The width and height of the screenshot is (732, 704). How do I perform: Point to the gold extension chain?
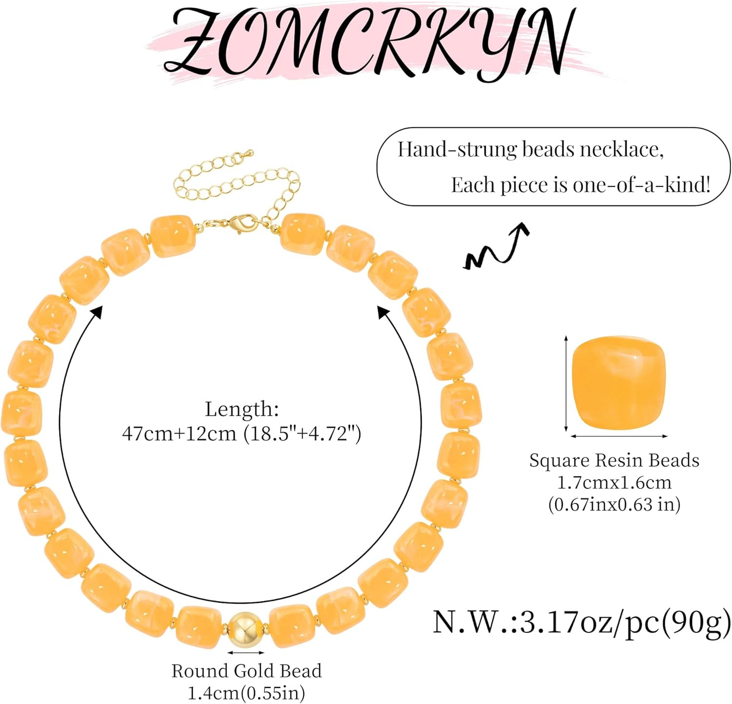tap(234, 183)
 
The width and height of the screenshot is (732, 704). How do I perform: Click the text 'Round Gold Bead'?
tap(246, 671)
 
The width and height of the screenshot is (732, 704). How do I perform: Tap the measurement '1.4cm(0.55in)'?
tap(246, 693)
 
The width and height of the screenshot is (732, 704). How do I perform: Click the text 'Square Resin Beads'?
tap(614, 460)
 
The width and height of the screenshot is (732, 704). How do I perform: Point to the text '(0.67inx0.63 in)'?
tap(614, 504)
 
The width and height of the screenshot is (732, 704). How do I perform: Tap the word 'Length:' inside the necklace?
tap(242, 409)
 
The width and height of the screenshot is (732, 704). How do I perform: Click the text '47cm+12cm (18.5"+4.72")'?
tap(242, 433)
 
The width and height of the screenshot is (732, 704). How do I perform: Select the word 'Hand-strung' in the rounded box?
tap(456, 149)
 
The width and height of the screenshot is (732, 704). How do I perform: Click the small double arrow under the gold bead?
tap(246, 652)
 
